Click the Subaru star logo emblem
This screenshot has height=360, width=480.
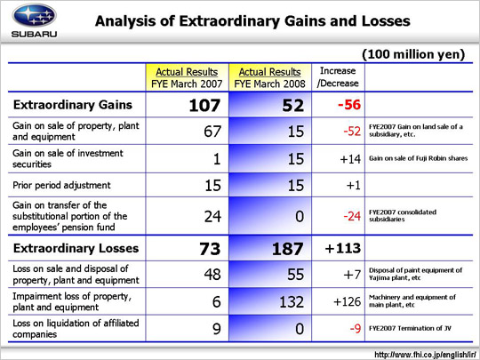click(34, 15)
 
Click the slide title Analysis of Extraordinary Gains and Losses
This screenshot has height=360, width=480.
click(252, 21)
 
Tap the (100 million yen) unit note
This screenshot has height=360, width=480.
click(413, 54)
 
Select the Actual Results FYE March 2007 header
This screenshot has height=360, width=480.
click(187, 77)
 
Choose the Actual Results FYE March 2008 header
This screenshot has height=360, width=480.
click(269, 77)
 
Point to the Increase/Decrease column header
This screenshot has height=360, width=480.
click(338, 76)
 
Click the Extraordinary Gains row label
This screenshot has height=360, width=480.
click(73, 105)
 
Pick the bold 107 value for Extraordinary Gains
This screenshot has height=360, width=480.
click(204, 105)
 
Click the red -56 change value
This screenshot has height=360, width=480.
click(349, 105)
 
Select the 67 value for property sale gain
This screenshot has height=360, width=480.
click(212, 132)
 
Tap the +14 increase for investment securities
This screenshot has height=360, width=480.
click(350, 159)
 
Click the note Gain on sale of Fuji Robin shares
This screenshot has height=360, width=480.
click(418, 158)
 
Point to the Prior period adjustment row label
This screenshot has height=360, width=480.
click(61, 185)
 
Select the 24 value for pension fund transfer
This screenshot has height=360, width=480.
click(212, 216)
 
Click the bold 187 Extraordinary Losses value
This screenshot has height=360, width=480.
click(288, 249)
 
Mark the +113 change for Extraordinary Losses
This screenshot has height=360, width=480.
click(343, 248)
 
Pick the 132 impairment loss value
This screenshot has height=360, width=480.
click(292, 302)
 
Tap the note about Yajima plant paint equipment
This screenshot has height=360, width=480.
click(415, 274)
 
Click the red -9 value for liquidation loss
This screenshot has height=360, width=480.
click(356, 329)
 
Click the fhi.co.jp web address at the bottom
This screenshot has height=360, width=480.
click(425, 355)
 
